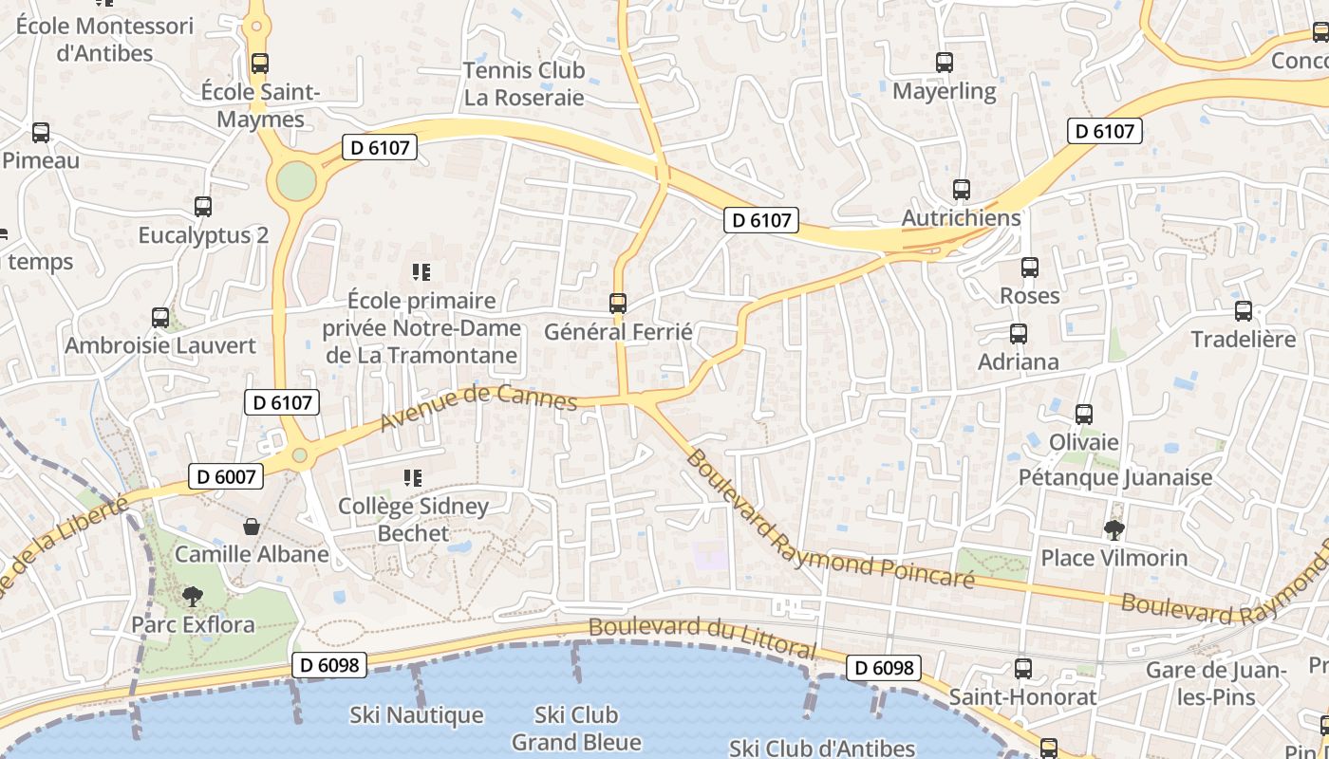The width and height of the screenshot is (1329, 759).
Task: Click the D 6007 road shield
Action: tap(226, 476)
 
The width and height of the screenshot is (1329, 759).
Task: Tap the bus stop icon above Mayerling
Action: tap(944, 63)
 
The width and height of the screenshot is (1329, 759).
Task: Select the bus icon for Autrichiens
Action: tap(962, 190)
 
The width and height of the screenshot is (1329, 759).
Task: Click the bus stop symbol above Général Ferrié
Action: tap(618, 304)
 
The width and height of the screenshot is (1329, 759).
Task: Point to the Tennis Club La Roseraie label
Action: tap(523, 83)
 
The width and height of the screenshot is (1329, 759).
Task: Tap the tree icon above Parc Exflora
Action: tap(193, 596)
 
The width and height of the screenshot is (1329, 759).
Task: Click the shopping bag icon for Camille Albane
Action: tap(252, 526)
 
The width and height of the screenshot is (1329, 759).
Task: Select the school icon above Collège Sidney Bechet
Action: tap(412, 478)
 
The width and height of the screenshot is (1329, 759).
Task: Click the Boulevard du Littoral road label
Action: tap(702, 637)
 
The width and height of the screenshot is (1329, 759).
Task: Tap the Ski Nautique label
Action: tap(416, 715)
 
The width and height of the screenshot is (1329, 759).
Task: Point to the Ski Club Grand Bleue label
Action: tap(576, 728)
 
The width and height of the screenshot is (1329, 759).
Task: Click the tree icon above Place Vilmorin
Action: tap(1114, 529)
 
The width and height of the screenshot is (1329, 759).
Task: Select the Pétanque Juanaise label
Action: tap(1115, 477)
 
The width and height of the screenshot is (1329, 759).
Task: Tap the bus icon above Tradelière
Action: tap(1243, 311)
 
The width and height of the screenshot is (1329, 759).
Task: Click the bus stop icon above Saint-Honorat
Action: tap(1022, 668)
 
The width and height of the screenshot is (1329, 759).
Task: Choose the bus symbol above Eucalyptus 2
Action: tap(203, 206)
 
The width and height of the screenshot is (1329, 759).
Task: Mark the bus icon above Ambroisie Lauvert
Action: tap(160, 317)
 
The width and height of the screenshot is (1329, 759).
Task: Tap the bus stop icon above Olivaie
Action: tap(1083, 415)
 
